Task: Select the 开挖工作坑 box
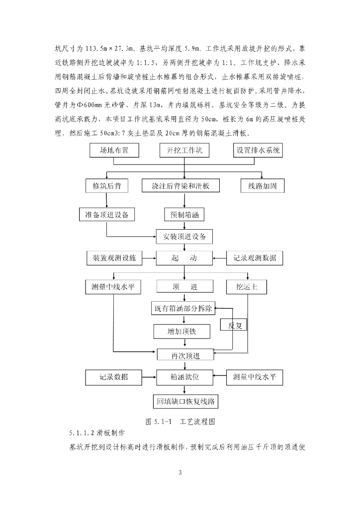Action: [184, 151]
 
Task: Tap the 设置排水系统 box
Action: [259, 151]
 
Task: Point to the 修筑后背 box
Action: [107, 186]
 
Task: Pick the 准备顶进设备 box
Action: [107, 215]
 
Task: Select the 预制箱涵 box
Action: [184, 215]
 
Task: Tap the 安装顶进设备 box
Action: [184, 236]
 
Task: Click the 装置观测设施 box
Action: [114, 258]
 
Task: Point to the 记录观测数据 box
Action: [255, 258]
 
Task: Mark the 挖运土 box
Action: [247, 287]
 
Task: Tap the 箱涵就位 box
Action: [184, 377]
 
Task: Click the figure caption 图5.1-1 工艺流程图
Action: [180, 421]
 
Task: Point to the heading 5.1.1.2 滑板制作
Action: [97, 432]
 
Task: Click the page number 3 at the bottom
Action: [180, 472]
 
